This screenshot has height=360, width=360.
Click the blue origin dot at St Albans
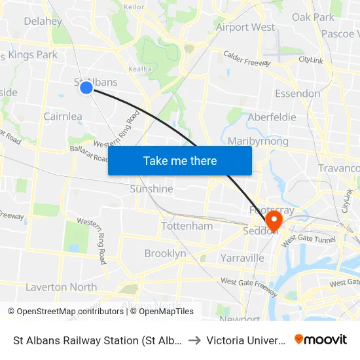pos(86,87)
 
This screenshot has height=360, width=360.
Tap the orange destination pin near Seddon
pos(272,219)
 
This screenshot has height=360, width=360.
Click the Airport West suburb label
pos(245,27)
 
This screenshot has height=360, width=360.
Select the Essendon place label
pos(297,94)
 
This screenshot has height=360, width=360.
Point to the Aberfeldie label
pos(272,117)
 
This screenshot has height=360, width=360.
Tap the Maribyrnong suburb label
pos(258,141)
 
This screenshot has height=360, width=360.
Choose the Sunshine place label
pos(151,189)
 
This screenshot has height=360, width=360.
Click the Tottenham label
pos(187,226)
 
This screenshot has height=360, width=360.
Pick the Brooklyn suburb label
pos(165,253)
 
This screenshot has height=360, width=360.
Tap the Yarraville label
pos(242,258)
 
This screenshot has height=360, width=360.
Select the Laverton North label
pos(61,287)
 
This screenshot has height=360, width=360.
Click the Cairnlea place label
pos(63,117)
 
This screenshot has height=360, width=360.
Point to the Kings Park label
pos(33,55)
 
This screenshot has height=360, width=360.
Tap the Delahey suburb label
pos(43,21)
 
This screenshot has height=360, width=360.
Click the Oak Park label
pos(313,17)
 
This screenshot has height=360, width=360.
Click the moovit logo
pos(321,340)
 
